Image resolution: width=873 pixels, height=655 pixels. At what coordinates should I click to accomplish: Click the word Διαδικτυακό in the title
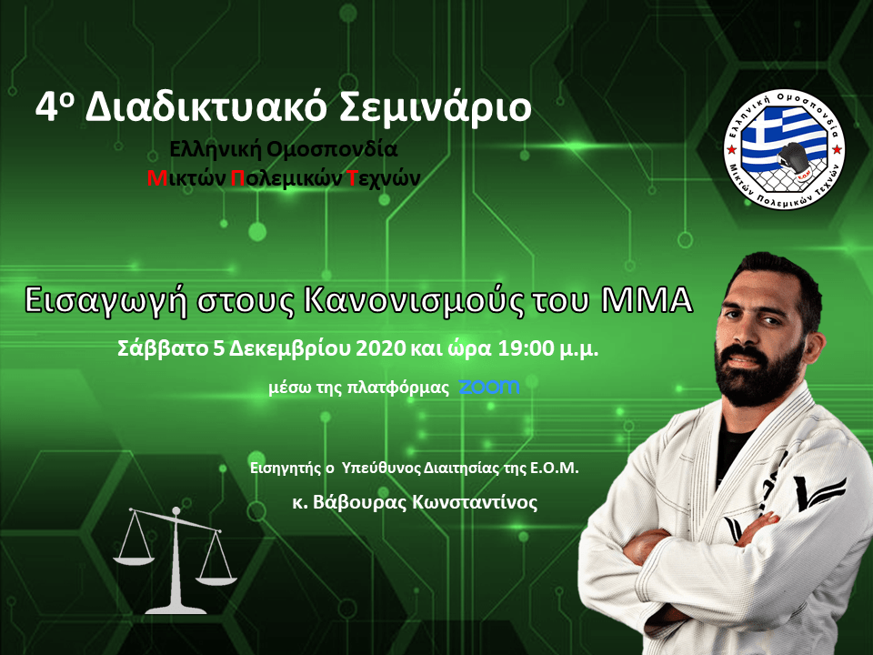coord(205,107)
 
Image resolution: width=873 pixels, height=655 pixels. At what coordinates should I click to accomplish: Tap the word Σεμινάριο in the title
coord(435,107)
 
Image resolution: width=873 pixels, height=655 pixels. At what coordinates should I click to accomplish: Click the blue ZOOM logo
coord(489,387)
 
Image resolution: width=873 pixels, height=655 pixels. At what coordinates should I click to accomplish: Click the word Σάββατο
coord(163,349)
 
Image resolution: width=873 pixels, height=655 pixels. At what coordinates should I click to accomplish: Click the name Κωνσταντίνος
coord(475,502)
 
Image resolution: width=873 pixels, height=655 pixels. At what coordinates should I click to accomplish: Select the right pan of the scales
coord(216,580)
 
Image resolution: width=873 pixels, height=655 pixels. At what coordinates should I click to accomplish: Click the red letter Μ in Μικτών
coord(157,178)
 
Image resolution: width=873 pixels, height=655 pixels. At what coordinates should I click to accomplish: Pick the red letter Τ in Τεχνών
coord(352,178)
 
